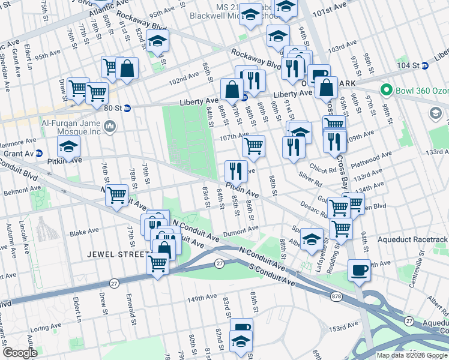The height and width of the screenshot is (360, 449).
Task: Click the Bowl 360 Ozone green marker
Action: tap(386, 91)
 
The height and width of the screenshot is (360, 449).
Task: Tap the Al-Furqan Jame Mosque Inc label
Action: tap(66, 126)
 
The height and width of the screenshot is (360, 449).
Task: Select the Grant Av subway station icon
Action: tap(39, 154)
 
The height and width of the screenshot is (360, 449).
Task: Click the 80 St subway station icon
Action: tap(127, 109)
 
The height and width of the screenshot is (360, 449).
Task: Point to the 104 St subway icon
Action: tap(425, 65)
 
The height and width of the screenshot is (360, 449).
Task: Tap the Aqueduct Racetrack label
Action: tap(413, 239)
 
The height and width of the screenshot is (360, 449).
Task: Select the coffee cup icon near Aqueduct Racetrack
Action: tap(360, 269)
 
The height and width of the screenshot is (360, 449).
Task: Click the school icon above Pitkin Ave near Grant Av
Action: tap(69, 148)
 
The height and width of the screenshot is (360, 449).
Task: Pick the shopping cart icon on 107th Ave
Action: tap(253, 146)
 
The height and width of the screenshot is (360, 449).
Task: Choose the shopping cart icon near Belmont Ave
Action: tap(116, 195)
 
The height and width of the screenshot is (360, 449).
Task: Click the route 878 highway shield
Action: tap(337, 296)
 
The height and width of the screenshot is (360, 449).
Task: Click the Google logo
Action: tap(19, 353)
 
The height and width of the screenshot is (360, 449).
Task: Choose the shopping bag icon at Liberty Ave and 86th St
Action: tap(232, 90)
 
